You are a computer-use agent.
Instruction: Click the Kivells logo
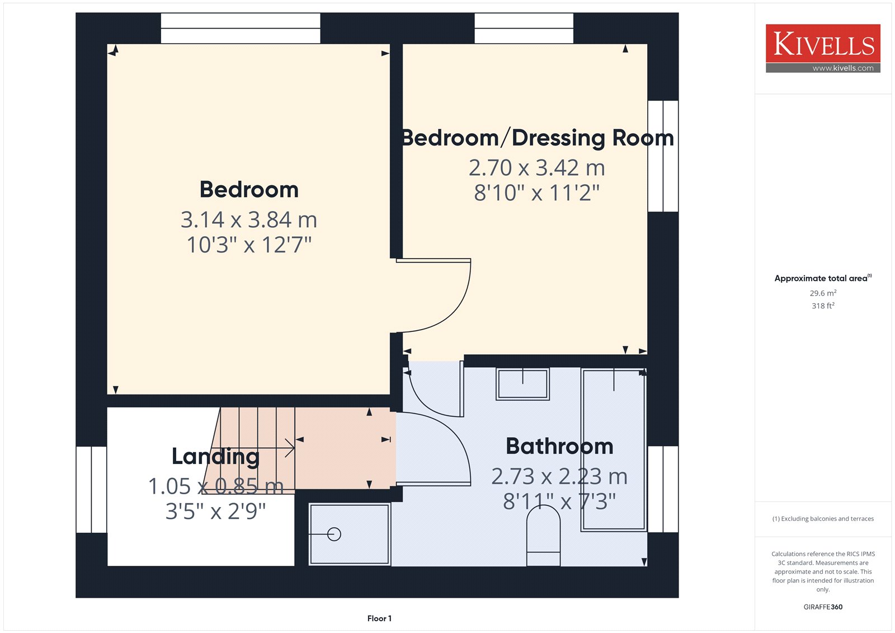click(x=823, y=48)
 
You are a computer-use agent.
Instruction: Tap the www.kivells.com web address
click(x=842, y=68)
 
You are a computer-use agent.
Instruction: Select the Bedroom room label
click(x=249, y=190)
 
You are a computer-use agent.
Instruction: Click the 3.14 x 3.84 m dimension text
click(x=249, y=220)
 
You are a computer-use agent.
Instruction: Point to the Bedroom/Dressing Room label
click(x=538, y=138)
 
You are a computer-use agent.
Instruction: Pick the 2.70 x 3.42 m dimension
click(x=537, y=167)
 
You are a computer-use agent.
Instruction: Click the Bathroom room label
click(x=559, y=446)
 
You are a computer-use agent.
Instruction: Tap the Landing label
click(x=216, y=457)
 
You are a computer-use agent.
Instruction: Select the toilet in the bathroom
click(x=543, y=536)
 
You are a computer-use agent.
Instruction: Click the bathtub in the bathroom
click(x=613, y=450)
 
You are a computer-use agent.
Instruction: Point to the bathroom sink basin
click(x=522, y=384)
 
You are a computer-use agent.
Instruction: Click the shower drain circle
click(x=334, y=534)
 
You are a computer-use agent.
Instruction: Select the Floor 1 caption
click(x=380, y=618)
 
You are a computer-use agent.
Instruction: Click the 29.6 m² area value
click(x=823, y=293)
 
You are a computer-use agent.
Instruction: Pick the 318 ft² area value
click(x=823, y=306)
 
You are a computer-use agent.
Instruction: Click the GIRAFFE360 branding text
click(x=823, y=607)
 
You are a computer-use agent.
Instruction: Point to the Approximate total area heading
click(x=823, y=278)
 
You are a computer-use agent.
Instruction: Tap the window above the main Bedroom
click(x=241, y=29)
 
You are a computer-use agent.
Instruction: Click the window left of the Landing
click(x=92, y=490)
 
